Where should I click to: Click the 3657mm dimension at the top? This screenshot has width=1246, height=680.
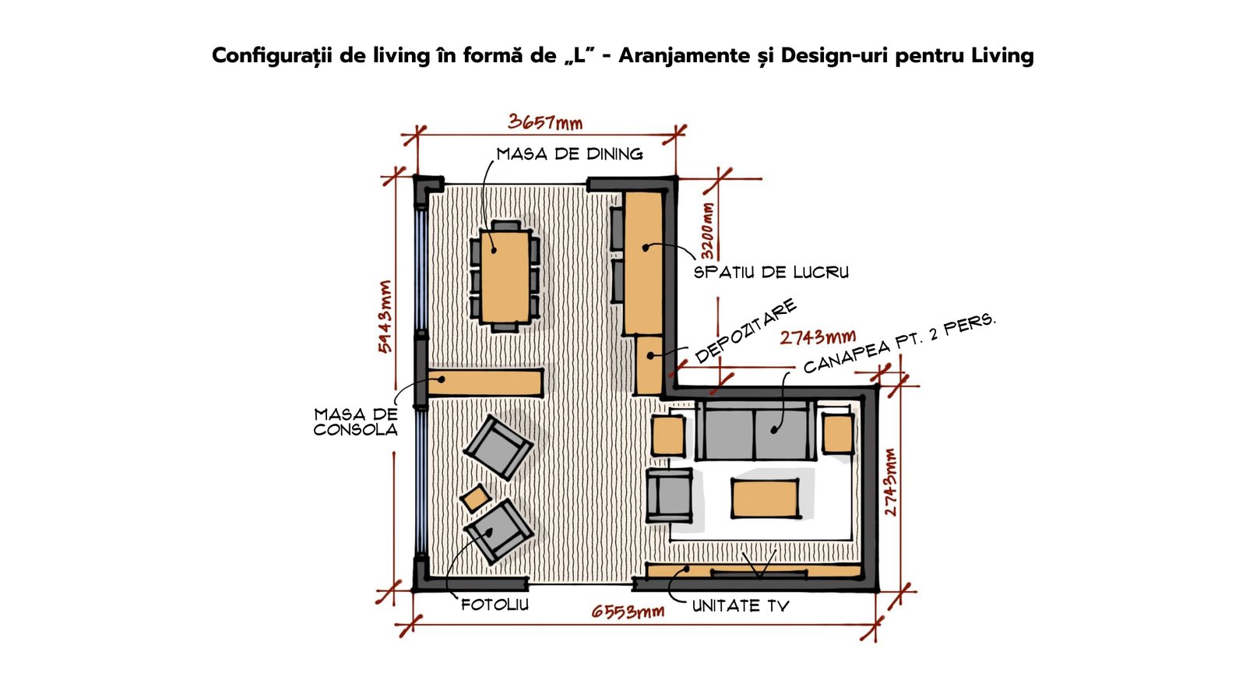tap(545, 122)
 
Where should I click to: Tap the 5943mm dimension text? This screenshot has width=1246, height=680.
tap(385, 316)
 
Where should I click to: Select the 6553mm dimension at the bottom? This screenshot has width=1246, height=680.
tap(628, 611)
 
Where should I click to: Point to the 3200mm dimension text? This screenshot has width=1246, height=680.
tap(707, 231)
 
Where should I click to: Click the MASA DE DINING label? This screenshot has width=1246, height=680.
tap(569, 154)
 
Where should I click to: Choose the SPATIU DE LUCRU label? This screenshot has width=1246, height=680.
tap(771, 272)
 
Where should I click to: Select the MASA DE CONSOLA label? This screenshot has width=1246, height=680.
tap(356, 422)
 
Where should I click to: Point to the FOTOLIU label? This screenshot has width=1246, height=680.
tap(495, 605)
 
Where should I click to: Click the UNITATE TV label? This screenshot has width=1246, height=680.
tap(741, 606)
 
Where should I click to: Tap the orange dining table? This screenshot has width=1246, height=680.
tap(505, 277)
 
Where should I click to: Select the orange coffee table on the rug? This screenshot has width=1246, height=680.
tap(766, 499)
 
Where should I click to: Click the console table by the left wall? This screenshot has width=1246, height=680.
tap(486, 382)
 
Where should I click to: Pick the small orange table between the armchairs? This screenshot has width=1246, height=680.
tap(476, 498)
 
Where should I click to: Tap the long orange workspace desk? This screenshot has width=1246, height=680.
tap(643, 262)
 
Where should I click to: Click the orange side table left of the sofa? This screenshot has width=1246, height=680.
tap(668, 435)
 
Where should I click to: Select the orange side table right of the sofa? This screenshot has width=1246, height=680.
tap(838, 434)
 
